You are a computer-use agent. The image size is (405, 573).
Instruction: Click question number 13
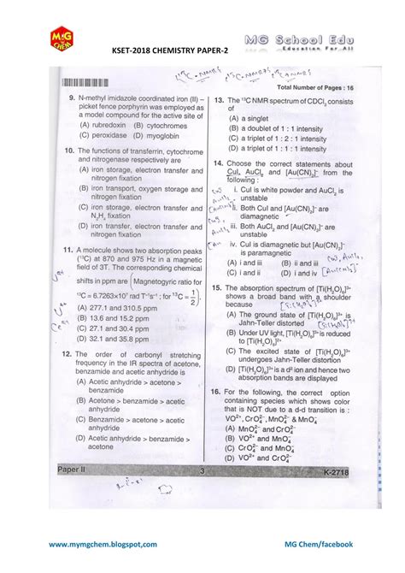point(220,100)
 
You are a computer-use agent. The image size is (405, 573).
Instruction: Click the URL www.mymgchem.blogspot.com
point(103,544)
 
